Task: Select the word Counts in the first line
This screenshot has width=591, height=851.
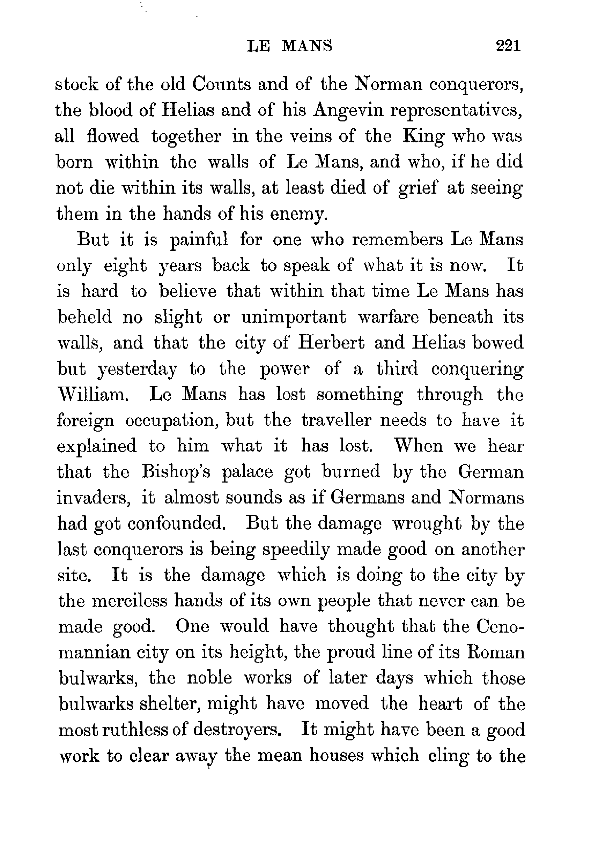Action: pyautogui.click(x=221, y=84)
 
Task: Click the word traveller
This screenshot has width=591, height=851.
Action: pyautogui.click(x=336, y=420)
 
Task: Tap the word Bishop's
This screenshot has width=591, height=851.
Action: pyautogui.click(x=176, y=472)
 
